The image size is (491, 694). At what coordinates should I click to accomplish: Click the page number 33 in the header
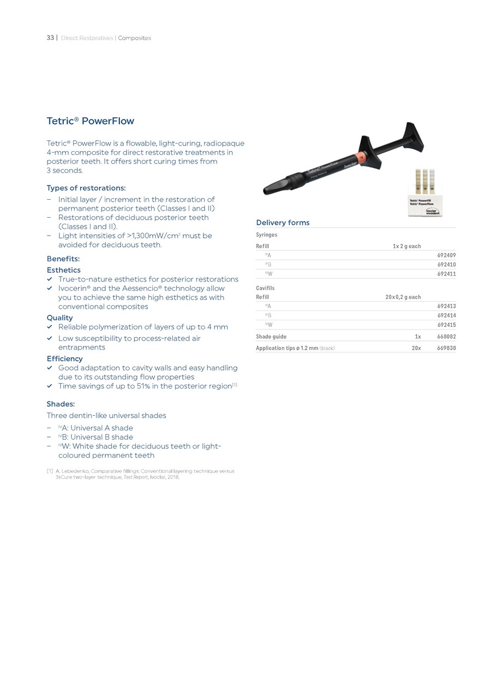50,38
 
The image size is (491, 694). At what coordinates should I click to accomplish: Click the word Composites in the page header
134,38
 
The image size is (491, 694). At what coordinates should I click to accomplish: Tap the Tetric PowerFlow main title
90,121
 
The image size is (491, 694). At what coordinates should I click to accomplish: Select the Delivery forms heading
283,223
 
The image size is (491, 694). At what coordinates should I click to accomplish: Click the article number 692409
446,255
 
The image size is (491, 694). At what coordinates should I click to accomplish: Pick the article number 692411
446,274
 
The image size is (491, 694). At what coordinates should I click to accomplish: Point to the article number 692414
446,315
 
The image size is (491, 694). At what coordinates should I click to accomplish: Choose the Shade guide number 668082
446,337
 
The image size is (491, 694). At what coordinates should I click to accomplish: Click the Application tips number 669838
446,348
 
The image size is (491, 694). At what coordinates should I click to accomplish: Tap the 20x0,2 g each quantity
403,297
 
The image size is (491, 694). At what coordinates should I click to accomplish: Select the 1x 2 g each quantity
406,246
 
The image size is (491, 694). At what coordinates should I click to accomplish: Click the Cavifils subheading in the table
265,288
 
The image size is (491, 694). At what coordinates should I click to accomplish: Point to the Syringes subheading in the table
266,235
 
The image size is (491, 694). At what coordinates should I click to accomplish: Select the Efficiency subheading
64,358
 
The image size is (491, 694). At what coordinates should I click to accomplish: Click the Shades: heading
61,404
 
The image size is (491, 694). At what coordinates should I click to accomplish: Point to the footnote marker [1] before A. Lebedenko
50,471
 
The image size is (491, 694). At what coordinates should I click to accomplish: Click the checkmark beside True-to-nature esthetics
50,279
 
